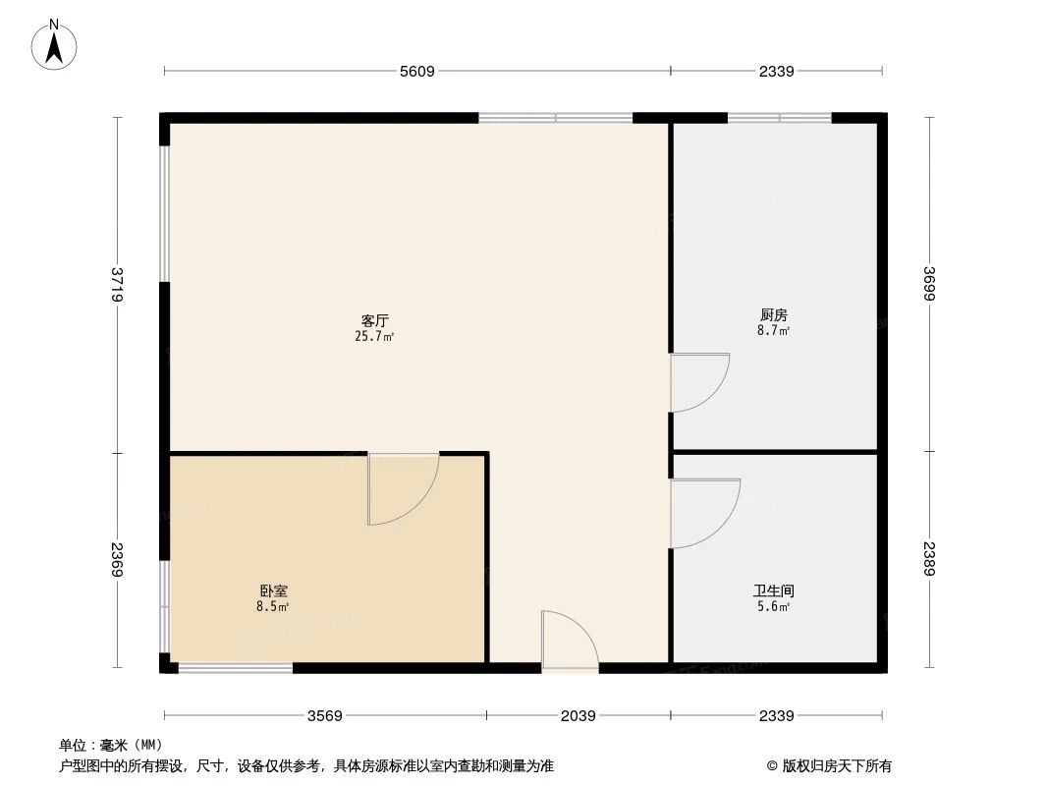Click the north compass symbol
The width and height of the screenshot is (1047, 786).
click(55, 43)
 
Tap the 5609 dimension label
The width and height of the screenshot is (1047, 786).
click(417, 71)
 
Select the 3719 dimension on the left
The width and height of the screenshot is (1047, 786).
click(118, 285)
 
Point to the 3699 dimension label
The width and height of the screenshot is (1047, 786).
click(929, 285)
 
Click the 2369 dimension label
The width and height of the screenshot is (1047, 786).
click(118, 562)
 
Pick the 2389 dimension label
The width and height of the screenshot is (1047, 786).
click(929, 562)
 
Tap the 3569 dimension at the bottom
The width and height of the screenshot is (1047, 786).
click(325, 716)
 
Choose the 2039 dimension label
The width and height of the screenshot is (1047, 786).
click(579, 716)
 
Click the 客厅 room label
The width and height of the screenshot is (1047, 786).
click(375, 320)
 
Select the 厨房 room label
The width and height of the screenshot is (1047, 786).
click(774, 315)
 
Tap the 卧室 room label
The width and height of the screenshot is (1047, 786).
click(273, 591)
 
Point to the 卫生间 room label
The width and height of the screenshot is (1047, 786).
click(774, 591)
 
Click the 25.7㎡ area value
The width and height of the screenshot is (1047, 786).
click(375, 337)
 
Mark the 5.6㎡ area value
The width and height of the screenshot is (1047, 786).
click(774, 607)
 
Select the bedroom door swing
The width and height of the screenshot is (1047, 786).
click(401, 488)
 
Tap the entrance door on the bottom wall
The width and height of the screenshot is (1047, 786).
click(569, 644)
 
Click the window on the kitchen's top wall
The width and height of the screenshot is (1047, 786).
click(779, 118)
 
